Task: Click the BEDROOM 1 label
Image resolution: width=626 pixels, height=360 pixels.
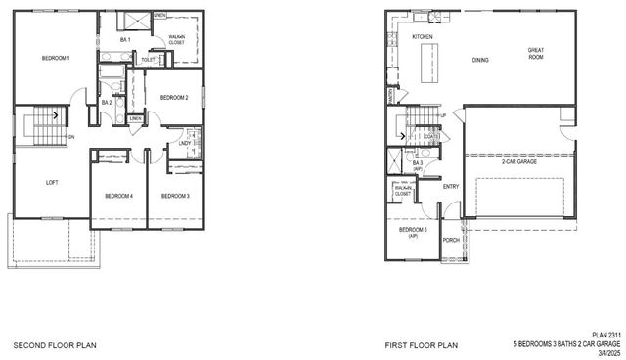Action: point(55,59)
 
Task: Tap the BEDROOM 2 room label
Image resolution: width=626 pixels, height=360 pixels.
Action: point(173,97)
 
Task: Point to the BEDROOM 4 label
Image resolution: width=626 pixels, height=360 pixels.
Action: point(118,196)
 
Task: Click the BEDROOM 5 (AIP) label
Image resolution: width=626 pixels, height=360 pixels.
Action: point(412,233)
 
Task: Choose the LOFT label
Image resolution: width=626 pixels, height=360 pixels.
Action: point(53,182)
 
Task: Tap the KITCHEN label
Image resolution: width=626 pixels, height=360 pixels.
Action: point(422,37)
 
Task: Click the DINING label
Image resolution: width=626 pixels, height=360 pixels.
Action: point(480,60)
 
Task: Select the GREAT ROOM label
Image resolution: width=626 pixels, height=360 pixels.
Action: point(536,53)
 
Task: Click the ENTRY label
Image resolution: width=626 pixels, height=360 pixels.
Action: point(451,186)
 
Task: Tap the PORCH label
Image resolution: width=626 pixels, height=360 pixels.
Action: point(451,240)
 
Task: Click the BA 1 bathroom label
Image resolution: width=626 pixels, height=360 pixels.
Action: point(123,40)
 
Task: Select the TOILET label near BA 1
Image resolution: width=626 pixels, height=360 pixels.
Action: point(148,60)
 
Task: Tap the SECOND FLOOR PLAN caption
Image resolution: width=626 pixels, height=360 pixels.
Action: point(54,345)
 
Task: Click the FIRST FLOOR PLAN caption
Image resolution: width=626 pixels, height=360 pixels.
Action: point(423,345)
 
